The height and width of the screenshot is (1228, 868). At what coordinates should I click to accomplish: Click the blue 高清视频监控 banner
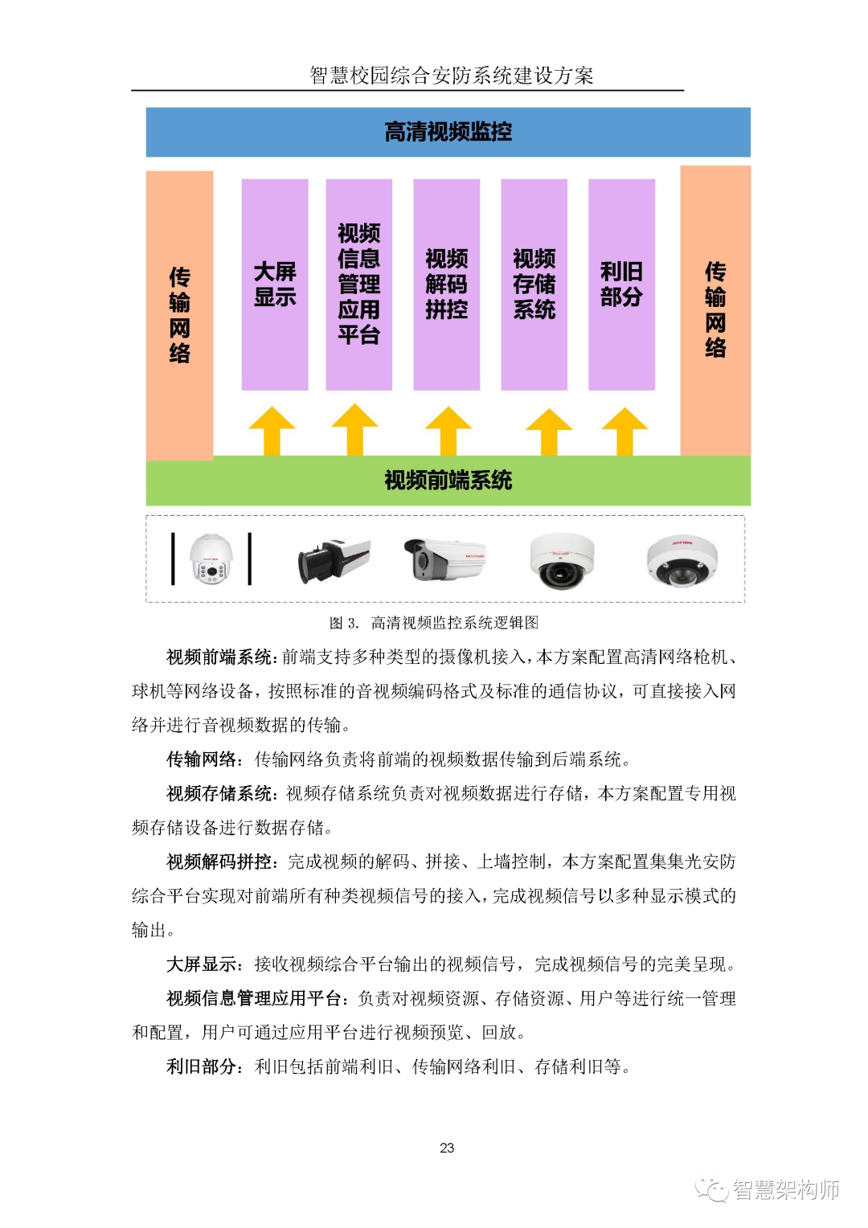[448, 132]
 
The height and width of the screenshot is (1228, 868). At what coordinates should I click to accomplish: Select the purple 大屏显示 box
[275, 284]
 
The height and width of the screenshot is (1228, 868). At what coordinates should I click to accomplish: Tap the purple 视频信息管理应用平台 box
[358, 284]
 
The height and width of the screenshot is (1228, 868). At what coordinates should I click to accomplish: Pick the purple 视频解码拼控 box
[446, 284]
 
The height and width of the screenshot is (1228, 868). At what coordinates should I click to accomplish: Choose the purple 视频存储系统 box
[534, 284]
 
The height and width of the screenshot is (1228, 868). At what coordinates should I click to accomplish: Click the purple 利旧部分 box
[621, 284]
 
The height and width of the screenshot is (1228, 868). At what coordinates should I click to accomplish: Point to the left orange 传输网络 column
[179, 315]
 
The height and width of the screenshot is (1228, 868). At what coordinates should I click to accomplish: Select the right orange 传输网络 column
[715, 310]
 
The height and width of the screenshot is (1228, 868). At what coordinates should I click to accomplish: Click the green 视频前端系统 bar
[448, 481]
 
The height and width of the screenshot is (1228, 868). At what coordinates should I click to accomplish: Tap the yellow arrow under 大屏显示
[272, 431]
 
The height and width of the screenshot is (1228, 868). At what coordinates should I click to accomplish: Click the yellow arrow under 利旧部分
[624, 431]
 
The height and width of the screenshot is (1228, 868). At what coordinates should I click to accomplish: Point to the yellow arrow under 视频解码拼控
[448, 431]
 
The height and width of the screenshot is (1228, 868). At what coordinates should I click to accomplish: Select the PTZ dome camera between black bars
[211, 559]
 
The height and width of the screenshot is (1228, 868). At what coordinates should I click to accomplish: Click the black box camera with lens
[334, 559]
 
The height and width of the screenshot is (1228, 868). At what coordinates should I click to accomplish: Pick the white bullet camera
[444, 559]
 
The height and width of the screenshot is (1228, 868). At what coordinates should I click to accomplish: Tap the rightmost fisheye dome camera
[682, 560]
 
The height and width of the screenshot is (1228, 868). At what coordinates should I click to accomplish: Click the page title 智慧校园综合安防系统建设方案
[451, 76]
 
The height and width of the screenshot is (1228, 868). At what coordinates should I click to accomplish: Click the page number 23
[447, 1148]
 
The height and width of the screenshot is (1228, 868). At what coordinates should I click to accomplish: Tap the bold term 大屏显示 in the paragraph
[202, 964]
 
